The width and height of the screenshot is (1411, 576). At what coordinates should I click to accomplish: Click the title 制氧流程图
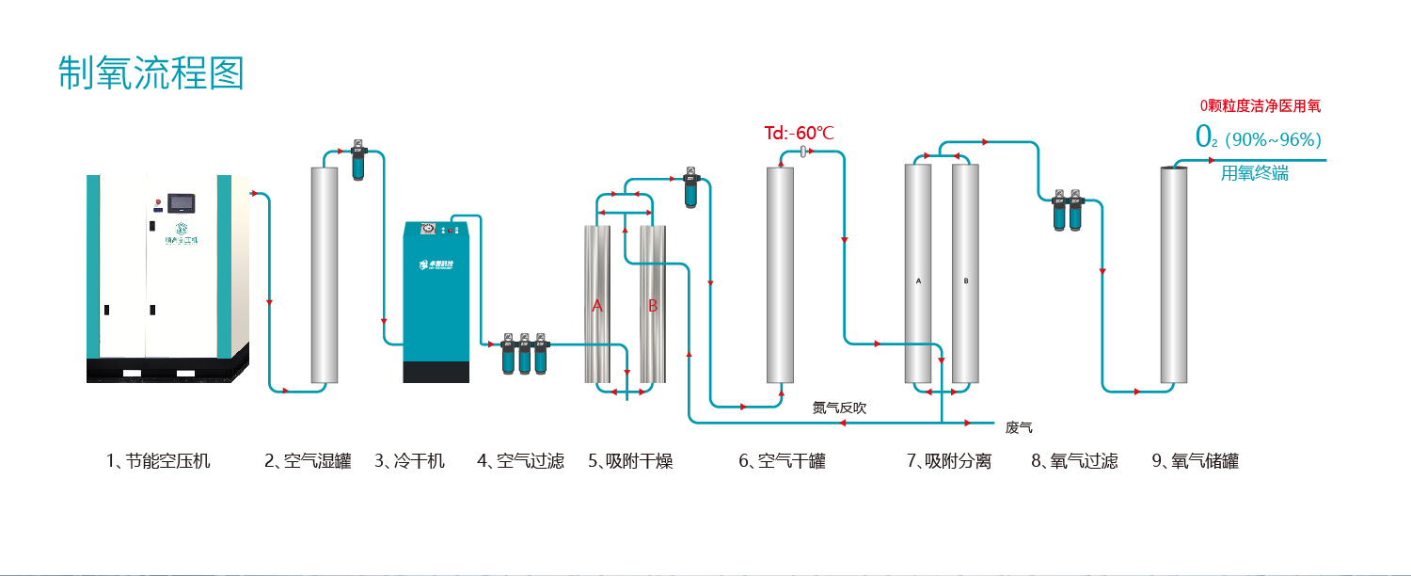[x=151, y=73]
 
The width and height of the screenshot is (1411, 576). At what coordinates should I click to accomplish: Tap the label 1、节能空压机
[x=158, y=461]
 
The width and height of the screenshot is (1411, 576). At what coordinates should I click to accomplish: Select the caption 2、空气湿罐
[x=308, y=461]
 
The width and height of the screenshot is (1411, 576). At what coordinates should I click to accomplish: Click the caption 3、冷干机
[x=410, y=461]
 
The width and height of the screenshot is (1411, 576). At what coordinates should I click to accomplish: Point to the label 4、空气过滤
[x=520, y=461]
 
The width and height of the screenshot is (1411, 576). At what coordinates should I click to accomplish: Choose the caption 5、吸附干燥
[x=630, y=461]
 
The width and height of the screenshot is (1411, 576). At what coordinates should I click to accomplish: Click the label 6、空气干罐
[x=782, y=461]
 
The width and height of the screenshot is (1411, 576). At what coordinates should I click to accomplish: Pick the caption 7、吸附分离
[x=949, y=461]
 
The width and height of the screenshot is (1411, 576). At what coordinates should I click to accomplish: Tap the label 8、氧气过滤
[x=1074, y=461]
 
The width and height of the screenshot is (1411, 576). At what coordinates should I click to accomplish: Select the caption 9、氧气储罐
[x=1195, y=461]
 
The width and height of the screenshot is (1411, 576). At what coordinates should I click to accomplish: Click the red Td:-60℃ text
[x=799, y=133]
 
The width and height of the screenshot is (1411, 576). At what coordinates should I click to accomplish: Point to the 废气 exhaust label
[x=1019, y=428]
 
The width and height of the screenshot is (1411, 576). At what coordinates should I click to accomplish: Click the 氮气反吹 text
[x=839, y=408]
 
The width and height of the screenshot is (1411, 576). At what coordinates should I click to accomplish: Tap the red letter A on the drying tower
[x=596, y=306]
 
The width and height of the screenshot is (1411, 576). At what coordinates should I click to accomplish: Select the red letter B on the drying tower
[x=653, y=306]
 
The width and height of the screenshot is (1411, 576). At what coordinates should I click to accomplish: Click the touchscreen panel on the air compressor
[x=179, y=200]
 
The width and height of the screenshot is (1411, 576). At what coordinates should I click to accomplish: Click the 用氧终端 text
[x=1254, y=173]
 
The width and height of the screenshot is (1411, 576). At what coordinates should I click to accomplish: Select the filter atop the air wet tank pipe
[x=357, y=161]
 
